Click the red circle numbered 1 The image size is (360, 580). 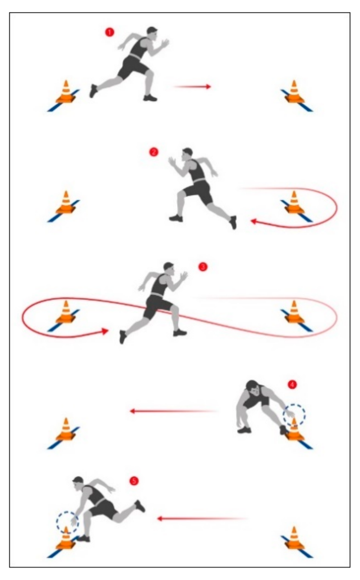pos(109,32)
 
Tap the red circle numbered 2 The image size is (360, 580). pos(154,152)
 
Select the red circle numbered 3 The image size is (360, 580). pos(203,267)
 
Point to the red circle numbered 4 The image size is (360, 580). pos(292,385)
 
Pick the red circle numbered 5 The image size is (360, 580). pos(134,481)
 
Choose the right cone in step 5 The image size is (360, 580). pos(294,538)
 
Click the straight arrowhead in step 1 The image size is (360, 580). pos(208,87)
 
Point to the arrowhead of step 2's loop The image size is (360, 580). pos(253,221)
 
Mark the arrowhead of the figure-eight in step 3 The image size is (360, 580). pos(105,331)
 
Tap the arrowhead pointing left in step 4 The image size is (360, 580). pos(132,411)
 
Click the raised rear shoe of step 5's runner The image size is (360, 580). pos(140,505)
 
